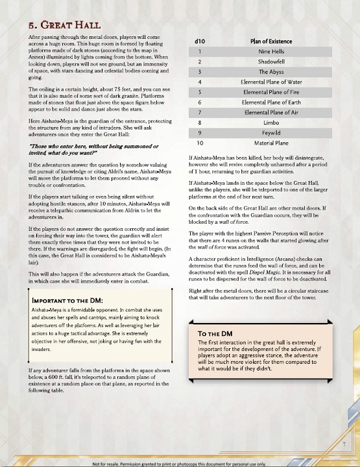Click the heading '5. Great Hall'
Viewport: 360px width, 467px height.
(64, 25)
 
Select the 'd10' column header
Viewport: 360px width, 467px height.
(200, 42)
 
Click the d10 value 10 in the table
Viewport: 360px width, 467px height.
(200, 143)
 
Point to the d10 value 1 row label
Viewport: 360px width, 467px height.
(200, 51)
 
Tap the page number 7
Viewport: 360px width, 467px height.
(344, 444)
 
